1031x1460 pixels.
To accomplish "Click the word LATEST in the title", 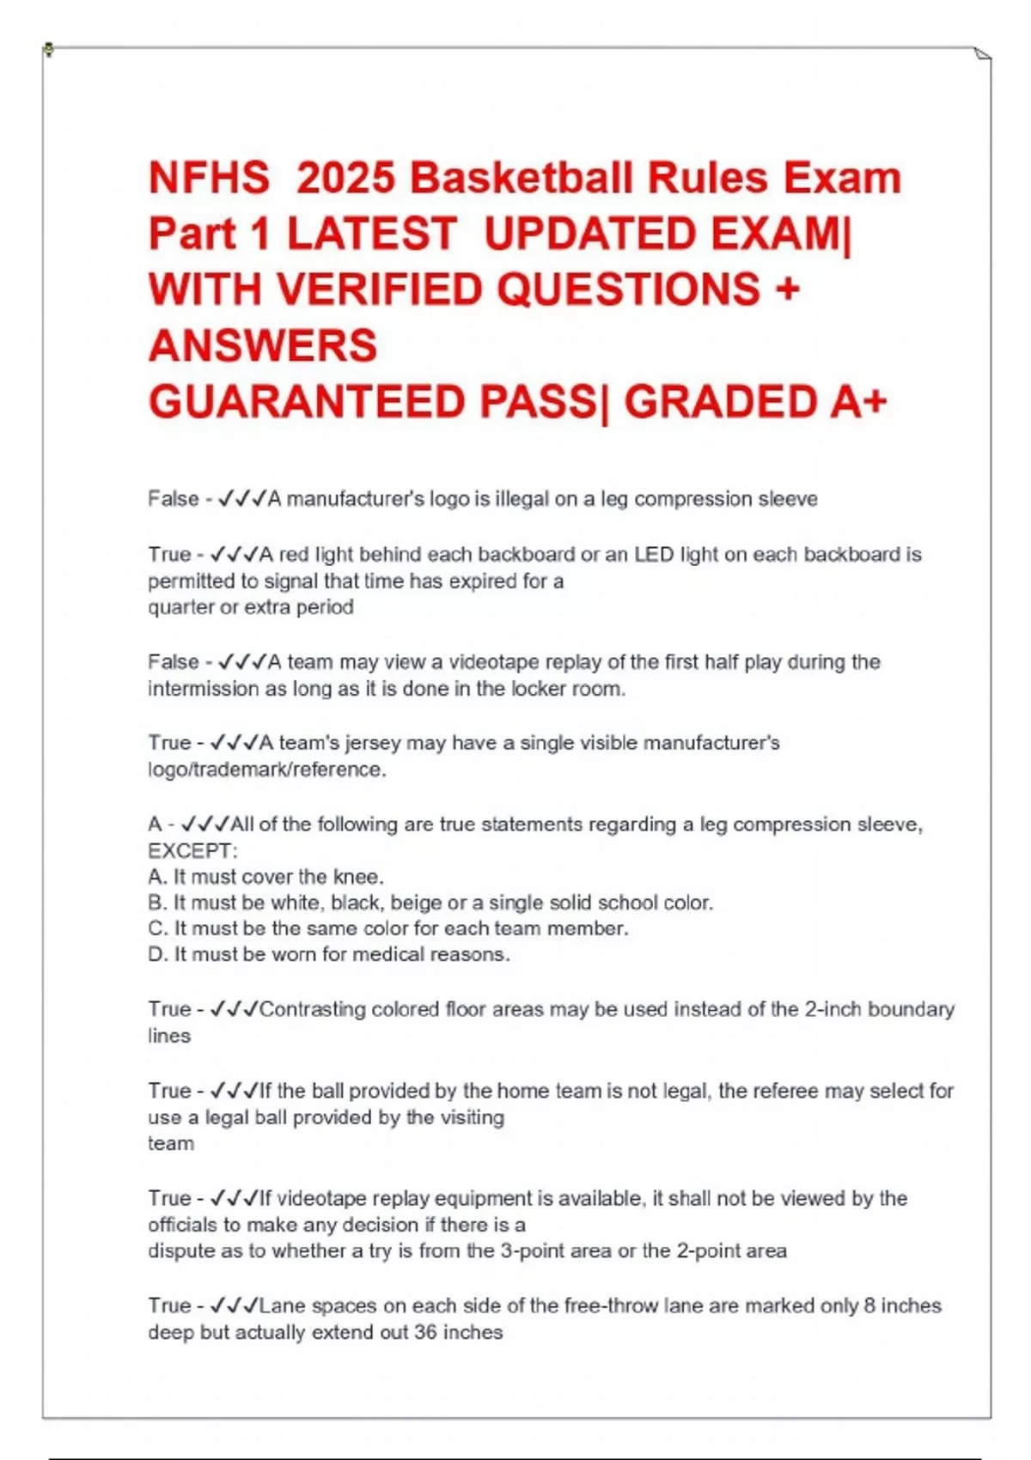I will tap(371, 234).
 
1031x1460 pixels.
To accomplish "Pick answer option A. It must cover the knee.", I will tap(265, 877).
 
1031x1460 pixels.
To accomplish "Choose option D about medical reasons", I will tap(328, 954).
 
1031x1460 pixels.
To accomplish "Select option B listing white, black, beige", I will tap(430, 903).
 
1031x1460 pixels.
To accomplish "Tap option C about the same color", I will tap(387, 928).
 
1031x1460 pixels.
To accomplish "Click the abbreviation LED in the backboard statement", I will tap(654, 555).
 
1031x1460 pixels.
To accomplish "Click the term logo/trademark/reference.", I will tap(266, 770).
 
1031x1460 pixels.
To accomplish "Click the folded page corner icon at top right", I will tap(983, 55).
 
